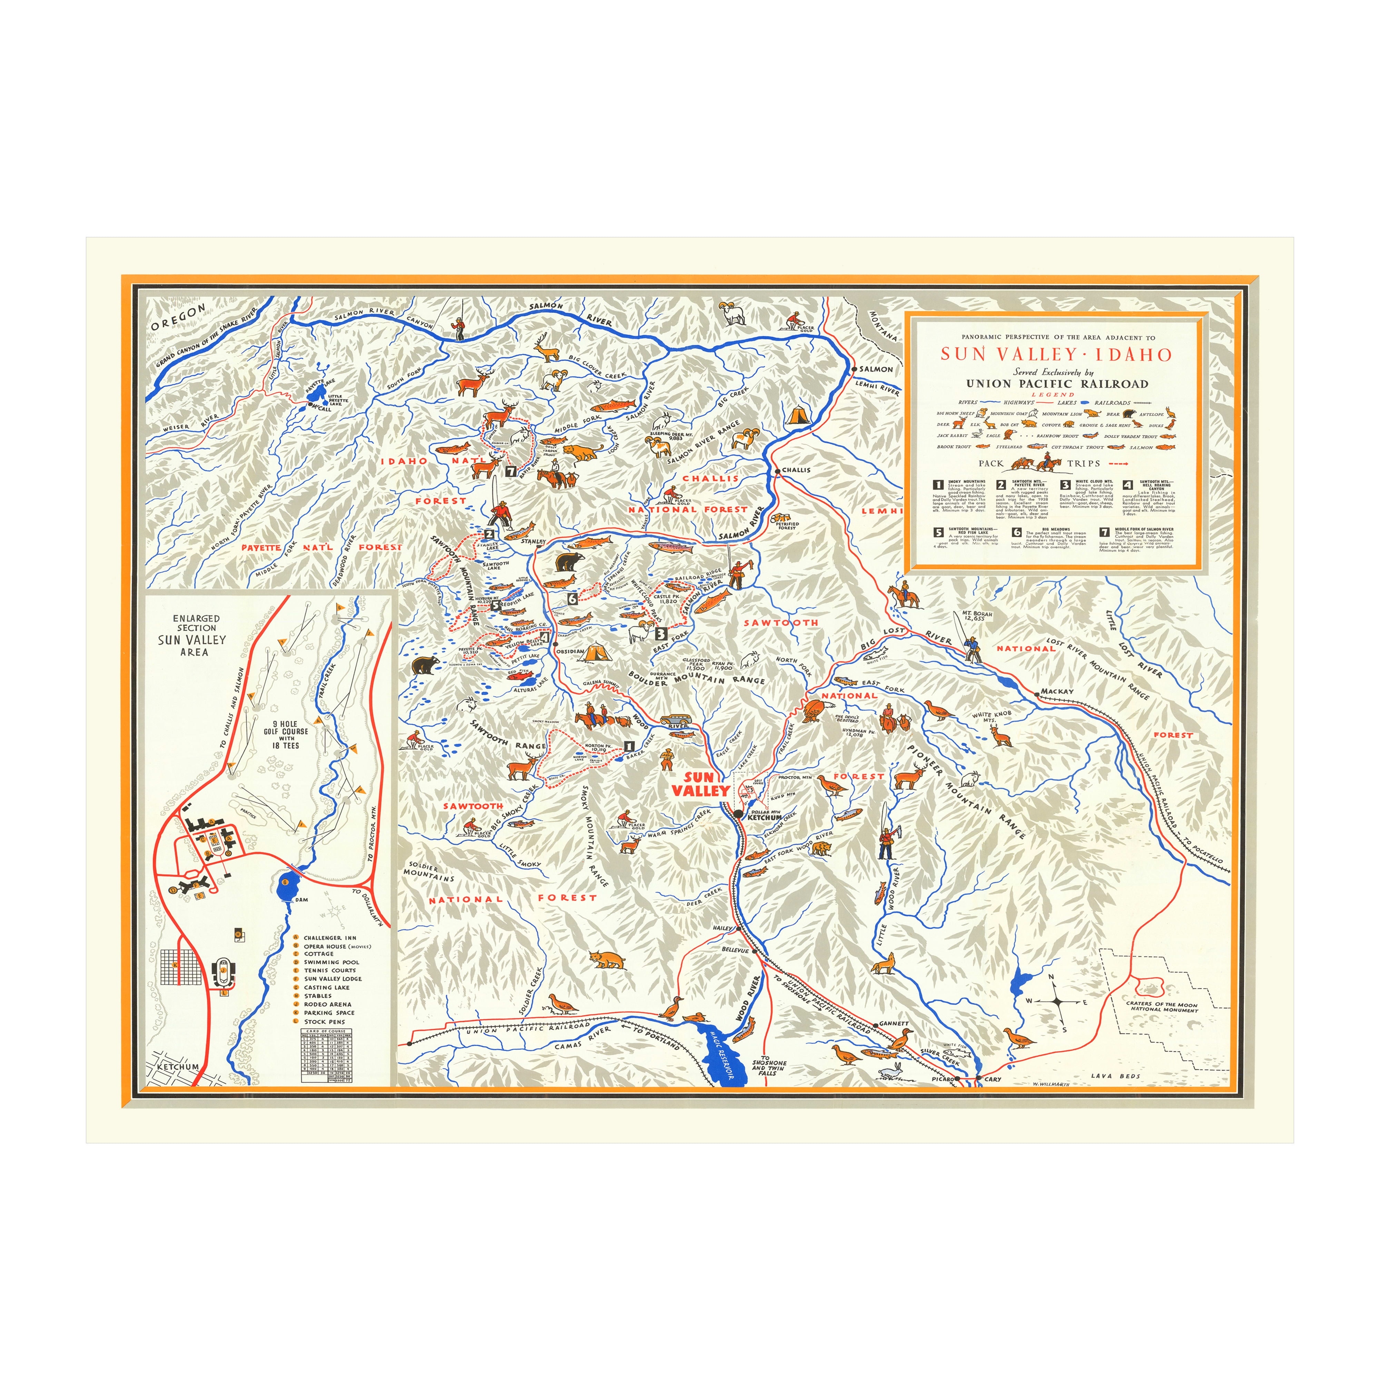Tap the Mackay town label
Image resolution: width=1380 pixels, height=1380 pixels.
[1057, 691]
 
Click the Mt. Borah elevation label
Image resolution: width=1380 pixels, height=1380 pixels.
[973, 616]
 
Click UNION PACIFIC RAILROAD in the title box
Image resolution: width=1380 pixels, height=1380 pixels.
[1057, 384]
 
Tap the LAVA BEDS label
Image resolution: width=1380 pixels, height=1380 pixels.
[1116, 1076]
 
